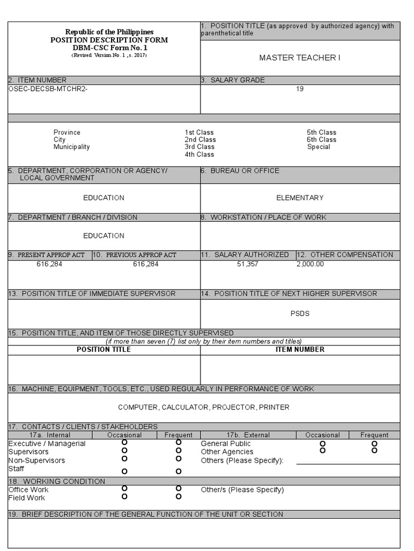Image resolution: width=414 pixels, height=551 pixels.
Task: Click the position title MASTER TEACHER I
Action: (300, 58)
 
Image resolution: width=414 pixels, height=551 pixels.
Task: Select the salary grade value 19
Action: (300, 89)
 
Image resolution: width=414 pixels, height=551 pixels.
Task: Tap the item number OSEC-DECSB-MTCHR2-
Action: (48, 89)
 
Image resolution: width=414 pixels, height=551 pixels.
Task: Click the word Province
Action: (67, 132)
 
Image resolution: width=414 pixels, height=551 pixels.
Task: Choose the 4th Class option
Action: (199, 154)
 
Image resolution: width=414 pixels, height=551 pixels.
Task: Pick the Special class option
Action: (319, 147)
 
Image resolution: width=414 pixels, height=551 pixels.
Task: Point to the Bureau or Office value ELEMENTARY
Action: (300, 198)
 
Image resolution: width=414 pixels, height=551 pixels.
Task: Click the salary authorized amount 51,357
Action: (247, 264)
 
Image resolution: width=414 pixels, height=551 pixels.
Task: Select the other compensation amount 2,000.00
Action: (310, 264)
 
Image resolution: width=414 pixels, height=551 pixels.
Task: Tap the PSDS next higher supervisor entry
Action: (300, 314)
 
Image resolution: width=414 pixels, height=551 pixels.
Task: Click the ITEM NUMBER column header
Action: (300, 350)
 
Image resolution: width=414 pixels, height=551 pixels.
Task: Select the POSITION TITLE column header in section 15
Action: (103, 350)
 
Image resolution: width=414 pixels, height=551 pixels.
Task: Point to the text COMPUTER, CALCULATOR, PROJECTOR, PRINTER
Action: (204, 407)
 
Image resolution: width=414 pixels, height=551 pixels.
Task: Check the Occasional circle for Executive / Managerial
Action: (125, 442)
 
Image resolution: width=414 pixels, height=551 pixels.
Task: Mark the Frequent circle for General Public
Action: (374, 443)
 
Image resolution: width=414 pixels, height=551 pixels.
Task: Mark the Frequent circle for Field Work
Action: (178, 497)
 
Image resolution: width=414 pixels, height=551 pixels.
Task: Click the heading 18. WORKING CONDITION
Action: (57, 481)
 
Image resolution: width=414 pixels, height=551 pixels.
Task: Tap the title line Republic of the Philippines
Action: (109, 32)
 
